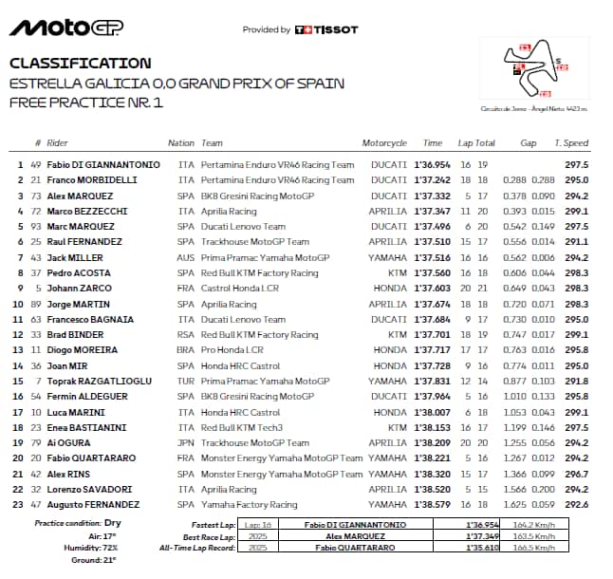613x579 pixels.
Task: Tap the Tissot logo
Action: click(327, 29)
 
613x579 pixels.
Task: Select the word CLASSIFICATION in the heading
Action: click(80, 64)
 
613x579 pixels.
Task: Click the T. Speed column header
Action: click(571, 143)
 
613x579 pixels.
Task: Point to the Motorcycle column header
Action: click(384, 143)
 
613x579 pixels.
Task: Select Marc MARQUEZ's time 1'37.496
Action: click(432, 227)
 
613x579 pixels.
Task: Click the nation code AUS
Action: click(185, 257)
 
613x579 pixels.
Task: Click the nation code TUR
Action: click(185, 381)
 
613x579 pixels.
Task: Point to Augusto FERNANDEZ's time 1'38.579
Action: click(432, 504)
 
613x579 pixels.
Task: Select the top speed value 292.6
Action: click(577, 504)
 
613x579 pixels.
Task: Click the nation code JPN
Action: click(185, 442)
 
